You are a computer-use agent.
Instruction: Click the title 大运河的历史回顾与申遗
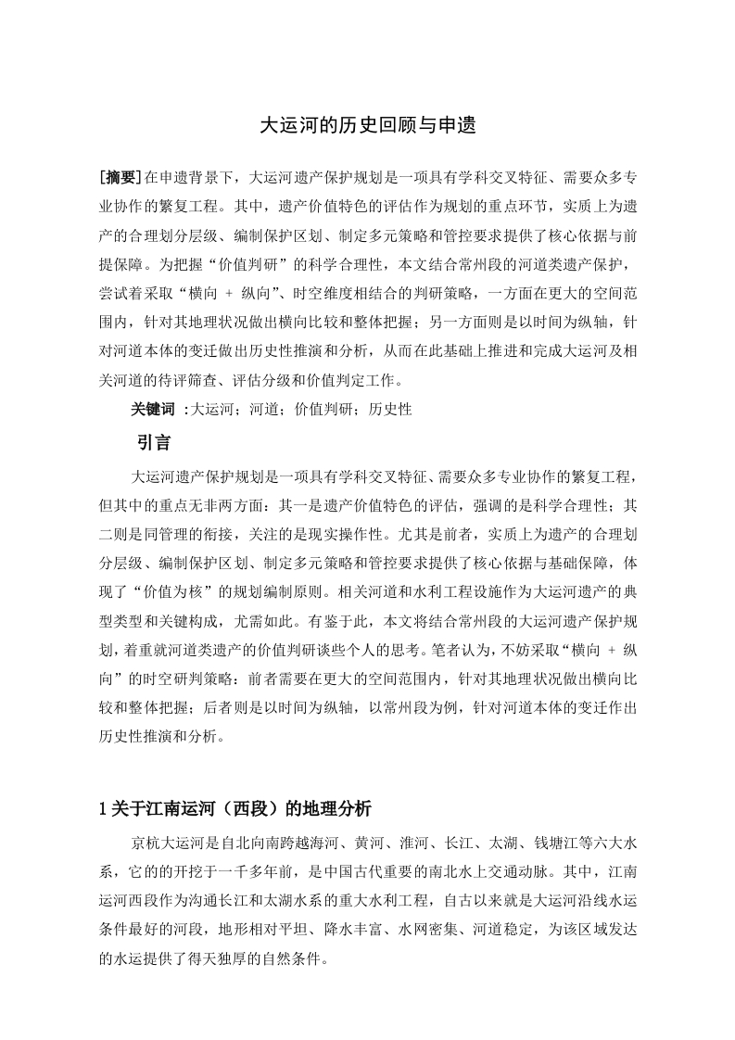point(367,125)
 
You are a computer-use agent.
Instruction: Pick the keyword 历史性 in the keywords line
point(390,409)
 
